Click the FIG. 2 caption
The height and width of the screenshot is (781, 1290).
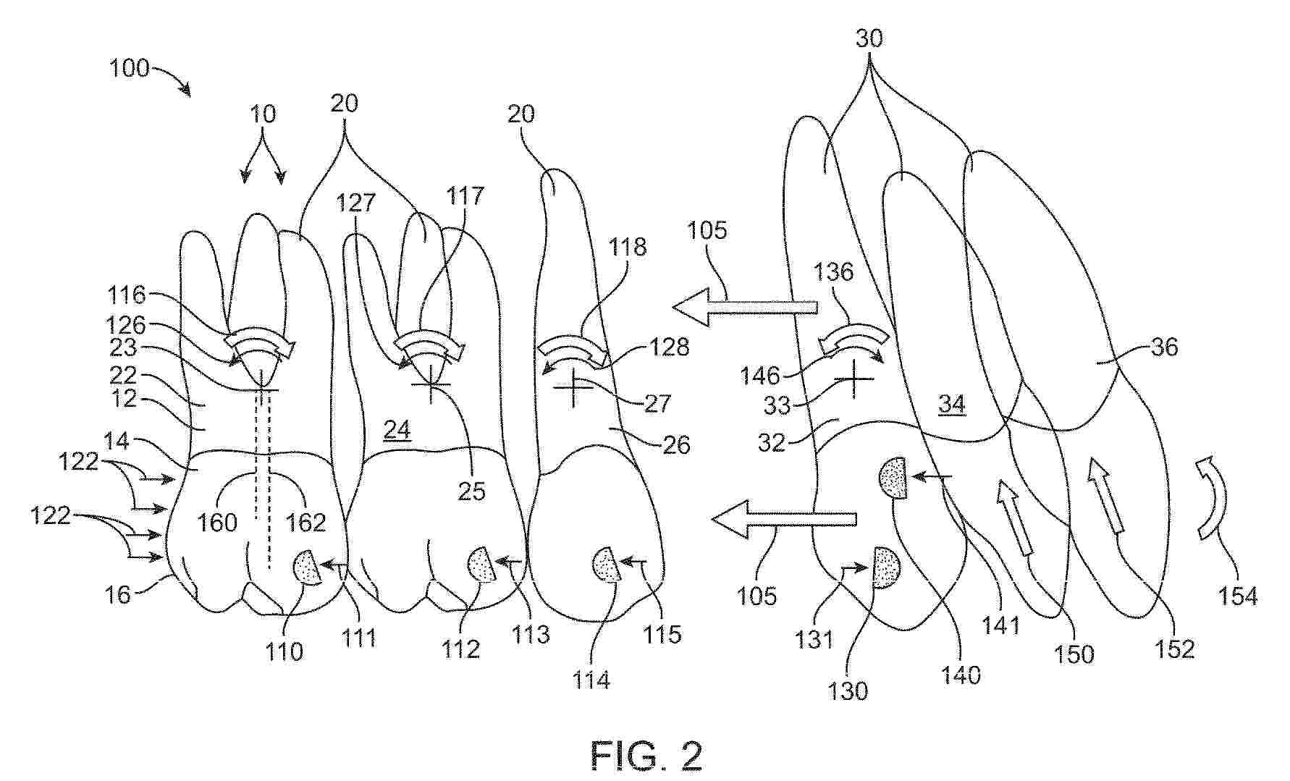[646, 756]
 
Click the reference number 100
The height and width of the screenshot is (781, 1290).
[129, 69]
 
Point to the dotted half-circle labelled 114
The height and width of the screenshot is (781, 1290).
[606, 565]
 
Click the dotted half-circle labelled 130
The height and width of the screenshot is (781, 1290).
[886, 567]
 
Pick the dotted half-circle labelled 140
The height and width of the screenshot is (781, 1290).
[893, 478]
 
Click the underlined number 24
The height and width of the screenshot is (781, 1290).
[397, 431]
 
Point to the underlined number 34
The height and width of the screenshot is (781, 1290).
[952, 404]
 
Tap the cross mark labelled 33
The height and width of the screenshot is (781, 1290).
[854, 379]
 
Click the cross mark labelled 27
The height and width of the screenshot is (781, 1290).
[573, 387]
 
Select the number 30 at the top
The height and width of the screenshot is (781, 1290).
[869, 38]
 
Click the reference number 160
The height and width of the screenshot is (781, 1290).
[217, 522]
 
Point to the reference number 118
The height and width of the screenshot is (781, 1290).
[627, 247]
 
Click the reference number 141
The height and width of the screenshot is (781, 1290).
[1000, 625]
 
